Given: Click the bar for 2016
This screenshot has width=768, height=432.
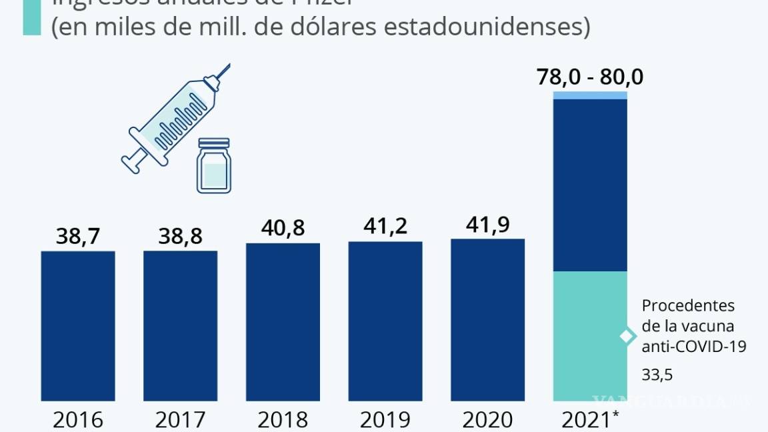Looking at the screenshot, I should [78, 326].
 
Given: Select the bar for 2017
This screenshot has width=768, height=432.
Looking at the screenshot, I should [180, 326].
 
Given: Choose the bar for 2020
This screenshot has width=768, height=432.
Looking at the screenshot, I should [487, 320].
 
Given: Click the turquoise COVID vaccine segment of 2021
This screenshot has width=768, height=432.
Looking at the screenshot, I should [591, 336].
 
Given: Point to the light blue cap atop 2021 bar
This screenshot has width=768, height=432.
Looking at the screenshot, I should [591, 95].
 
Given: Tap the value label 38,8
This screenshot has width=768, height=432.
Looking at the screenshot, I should [180, 236].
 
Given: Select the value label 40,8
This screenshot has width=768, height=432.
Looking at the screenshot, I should [283, 228].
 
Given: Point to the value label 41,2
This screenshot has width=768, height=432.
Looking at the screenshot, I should [385, 227].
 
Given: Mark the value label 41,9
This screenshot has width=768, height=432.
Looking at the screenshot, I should [487, 224].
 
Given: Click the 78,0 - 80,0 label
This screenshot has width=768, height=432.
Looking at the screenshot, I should [591, 77].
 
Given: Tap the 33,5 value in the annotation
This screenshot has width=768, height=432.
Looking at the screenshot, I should [657, 375].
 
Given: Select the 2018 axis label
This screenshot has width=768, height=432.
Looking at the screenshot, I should [283, 420].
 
